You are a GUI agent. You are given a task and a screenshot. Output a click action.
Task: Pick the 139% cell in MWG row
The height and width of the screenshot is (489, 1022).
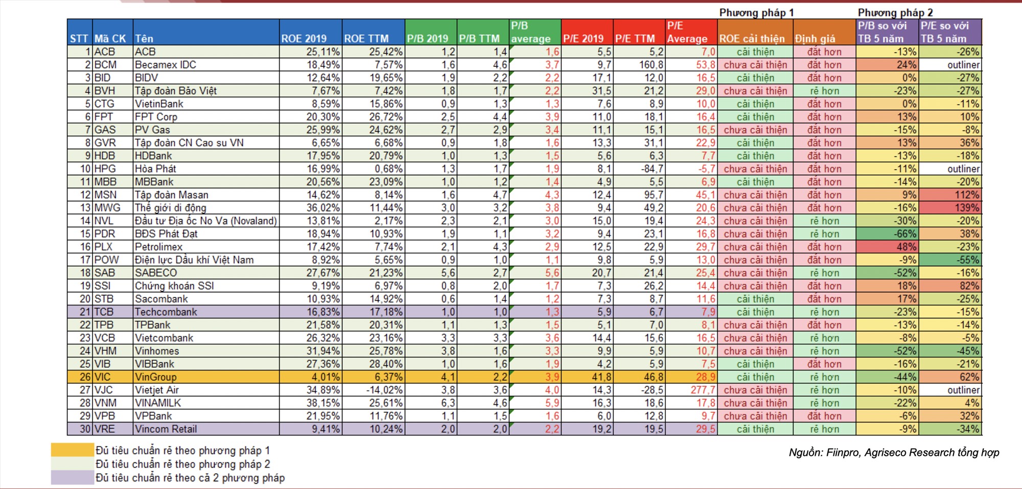point(950,208)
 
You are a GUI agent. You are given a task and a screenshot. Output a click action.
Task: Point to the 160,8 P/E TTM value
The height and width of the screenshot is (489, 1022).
point(639,65)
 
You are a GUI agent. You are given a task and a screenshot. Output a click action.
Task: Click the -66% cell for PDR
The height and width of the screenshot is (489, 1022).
point(888,234)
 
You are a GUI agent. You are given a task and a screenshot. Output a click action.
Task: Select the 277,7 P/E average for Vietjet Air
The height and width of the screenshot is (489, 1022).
point(691,390)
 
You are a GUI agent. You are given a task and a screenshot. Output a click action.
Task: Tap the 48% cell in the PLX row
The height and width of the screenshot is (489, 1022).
point(888,247)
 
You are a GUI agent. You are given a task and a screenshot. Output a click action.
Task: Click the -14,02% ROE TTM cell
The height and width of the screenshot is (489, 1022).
point(374,390)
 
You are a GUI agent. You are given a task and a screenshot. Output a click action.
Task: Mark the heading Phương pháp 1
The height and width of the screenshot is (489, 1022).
point(756,13)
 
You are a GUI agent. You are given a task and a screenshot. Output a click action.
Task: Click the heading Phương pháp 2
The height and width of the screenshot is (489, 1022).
point(895,13)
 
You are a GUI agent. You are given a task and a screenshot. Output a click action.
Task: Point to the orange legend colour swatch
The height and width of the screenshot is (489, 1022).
point(72,450)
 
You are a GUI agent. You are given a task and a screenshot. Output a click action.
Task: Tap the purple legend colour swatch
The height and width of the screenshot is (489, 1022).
point(72,478)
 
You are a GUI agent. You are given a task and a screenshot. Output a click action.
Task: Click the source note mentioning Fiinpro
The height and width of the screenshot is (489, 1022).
point(894,453)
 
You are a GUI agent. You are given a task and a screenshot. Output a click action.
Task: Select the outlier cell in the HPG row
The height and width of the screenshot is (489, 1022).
point(950,169)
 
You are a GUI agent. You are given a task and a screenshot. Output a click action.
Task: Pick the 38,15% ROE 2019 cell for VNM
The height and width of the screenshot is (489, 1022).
point(311,403)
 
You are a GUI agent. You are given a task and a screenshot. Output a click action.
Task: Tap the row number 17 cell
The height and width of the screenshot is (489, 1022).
point(80,260)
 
